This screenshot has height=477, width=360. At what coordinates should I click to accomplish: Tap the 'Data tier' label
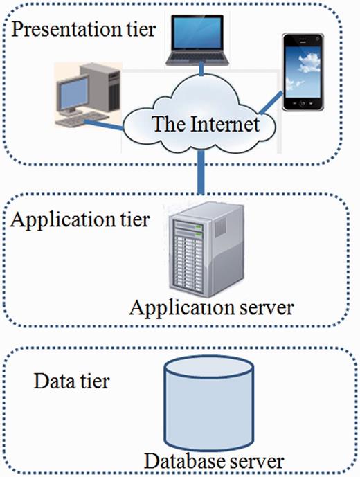coord(71,380)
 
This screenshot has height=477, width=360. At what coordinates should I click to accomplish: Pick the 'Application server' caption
coord(211,306)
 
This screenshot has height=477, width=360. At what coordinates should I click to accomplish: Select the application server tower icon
coord(198,253)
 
